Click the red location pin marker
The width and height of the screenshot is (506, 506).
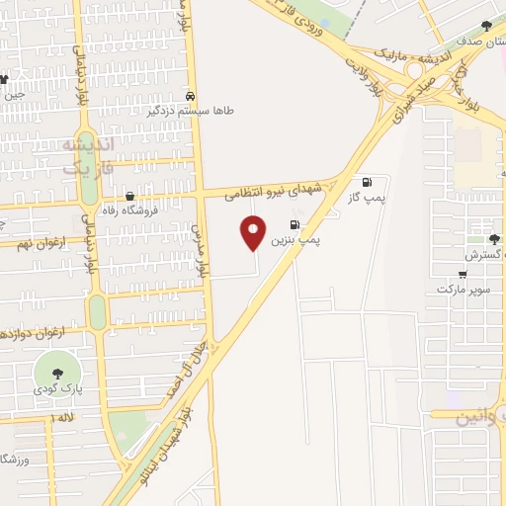pyautogui.click(x=254, y=232)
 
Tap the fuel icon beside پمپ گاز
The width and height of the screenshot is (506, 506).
pyautogui.click(x=368, y=182)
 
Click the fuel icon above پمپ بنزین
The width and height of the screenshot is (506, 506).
pyautogui.click(x=295, y=224)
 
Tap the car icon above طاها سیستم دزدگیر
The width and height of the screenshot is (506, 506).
pyautogui.click(x=190, y=97)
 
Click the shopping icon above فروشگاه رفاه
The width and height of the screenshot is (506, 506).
pyautogui.click(x=129, y=196)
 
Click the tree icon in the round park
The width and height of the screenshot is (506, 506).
pyautogui.click(x=55, y=373)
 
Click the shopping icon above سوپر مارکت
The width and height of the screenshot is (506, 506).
pyautogui.click(x=463, y=274)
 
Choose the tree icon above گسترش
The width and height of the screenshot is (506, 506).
pyautogui.click(x=493, y=238)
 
